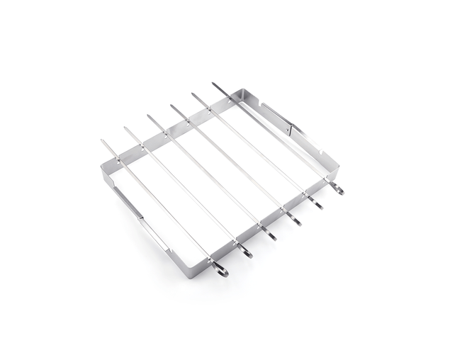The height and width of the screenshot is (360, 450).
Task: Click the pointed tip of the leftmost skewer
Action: (x=102, y=140)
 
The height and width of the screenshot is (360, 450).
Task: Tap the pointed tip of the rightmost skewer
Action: (x=213, y=84)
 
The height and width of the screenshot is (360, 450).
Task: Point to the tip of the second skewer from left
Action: (x=125, y=128)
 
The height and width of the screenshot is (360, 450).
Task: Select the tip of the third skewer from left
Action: (x=147, y=116)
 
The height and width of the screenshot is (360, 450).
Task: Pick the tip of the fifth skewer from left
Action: (x=191, y=94)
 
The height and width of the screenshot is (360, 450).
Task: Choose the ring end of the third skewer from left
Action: (x=273, y=235)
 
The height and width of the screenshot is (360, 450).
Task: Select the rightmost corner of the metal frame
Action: (x=339, y=167)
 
